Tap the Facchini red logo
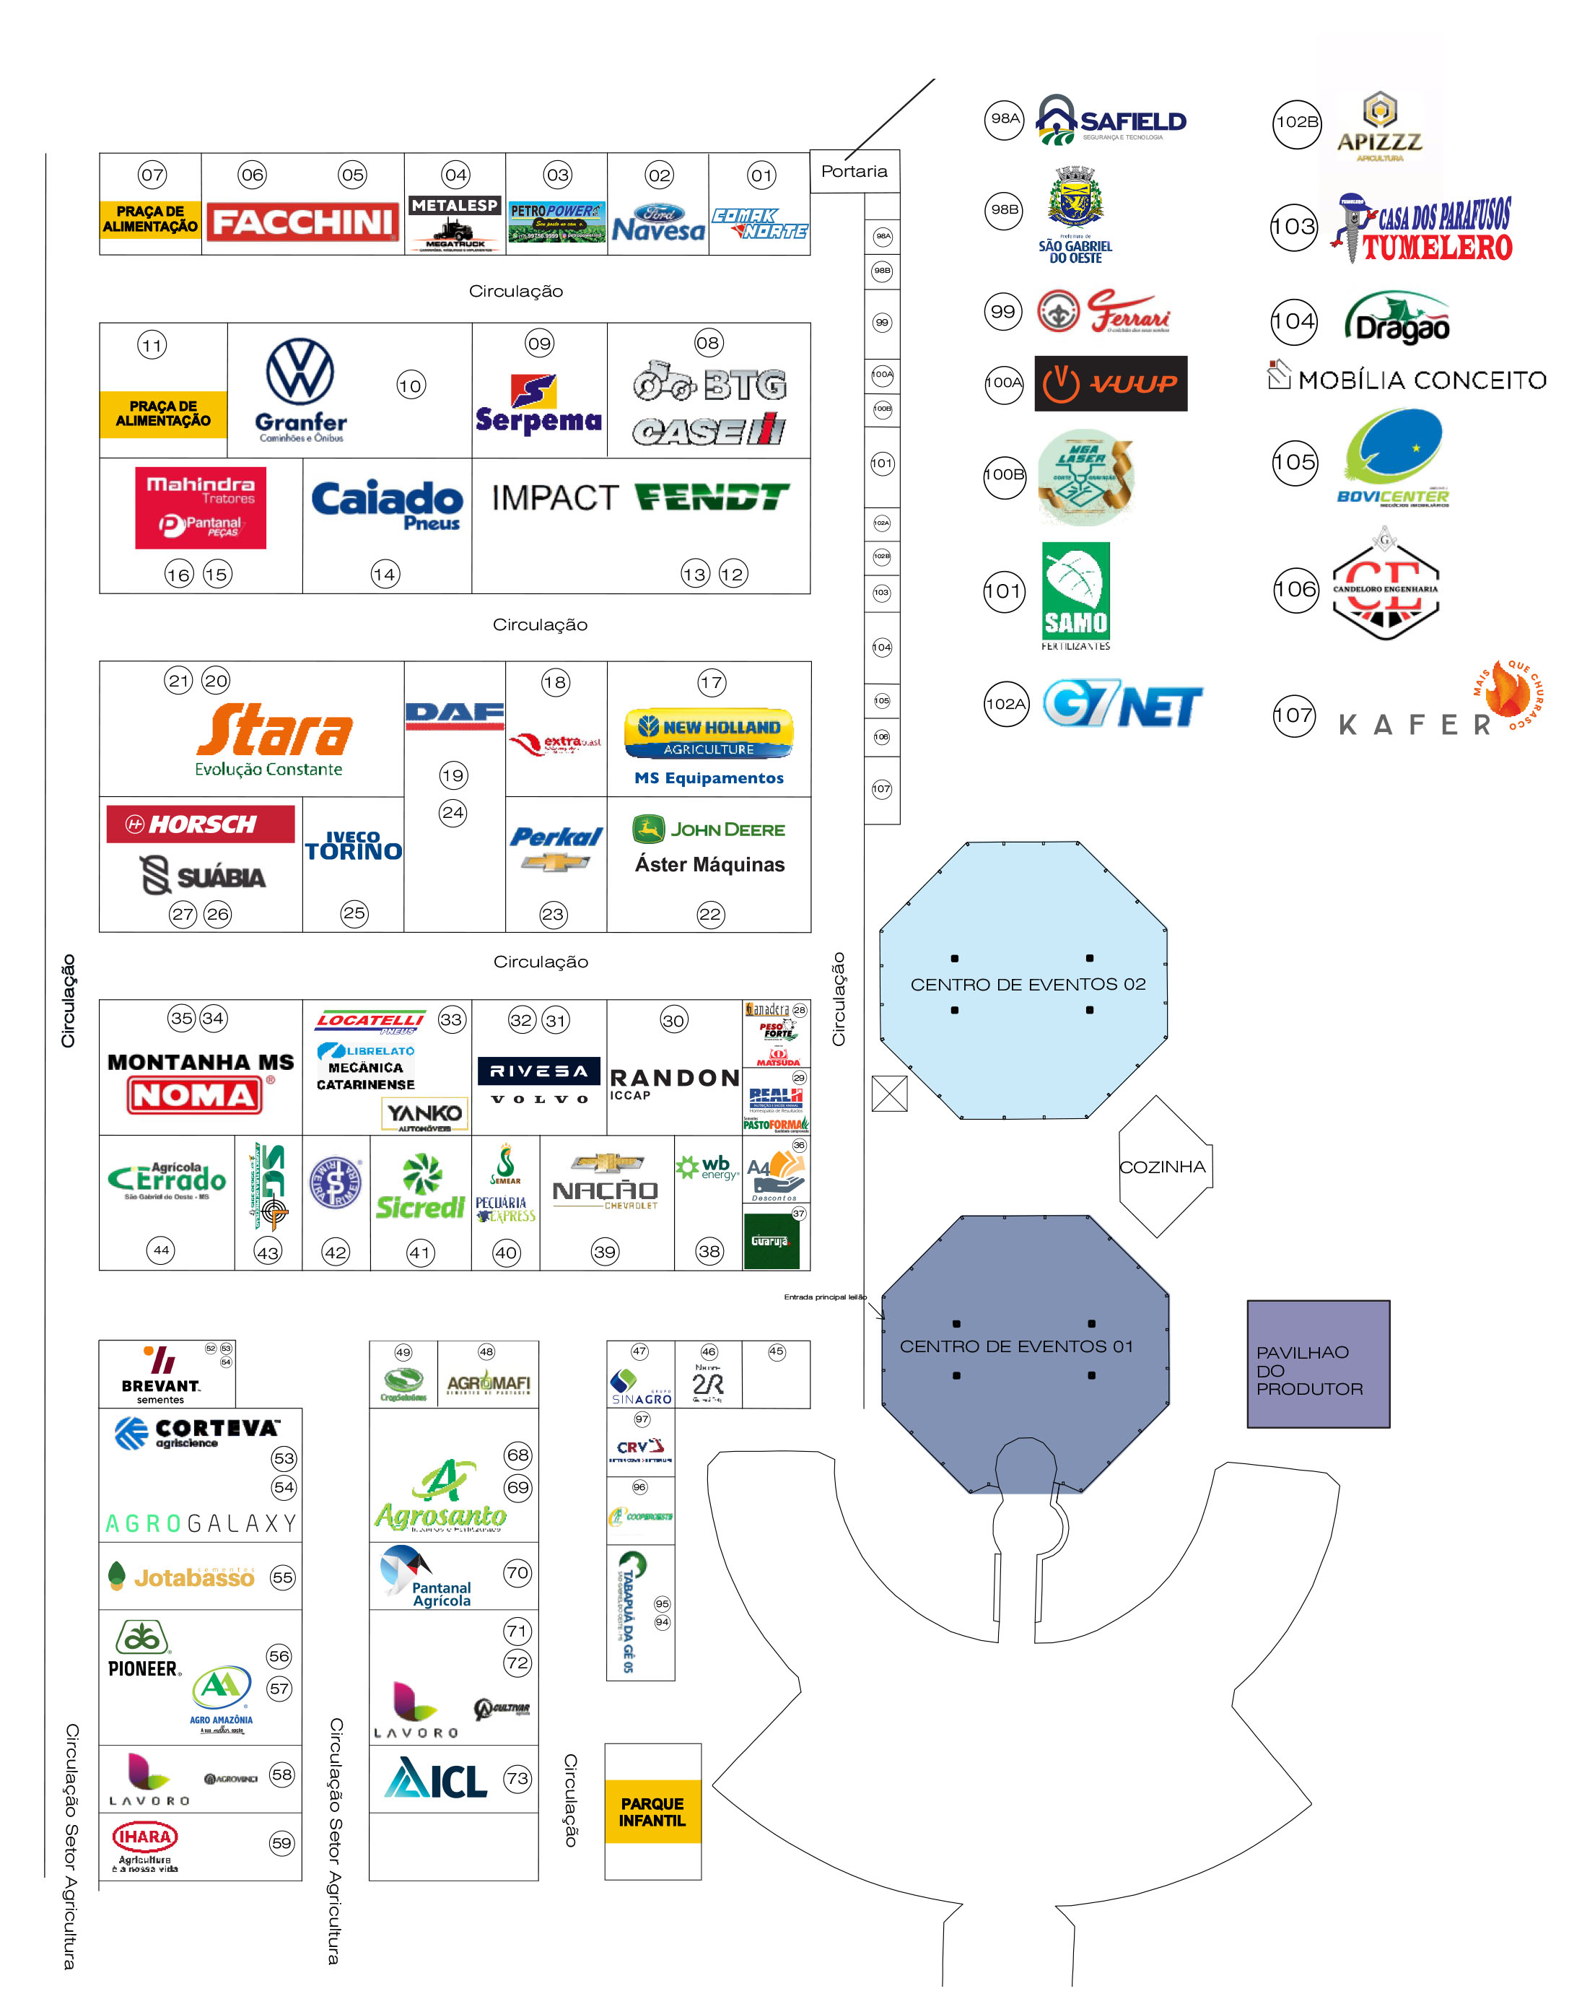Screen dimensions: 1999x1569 tap(302, 222)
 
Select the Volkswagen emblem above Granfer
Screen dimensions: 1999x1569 tap(300, 372)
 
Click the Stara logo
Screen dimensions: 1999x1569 tap(274, 731)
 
